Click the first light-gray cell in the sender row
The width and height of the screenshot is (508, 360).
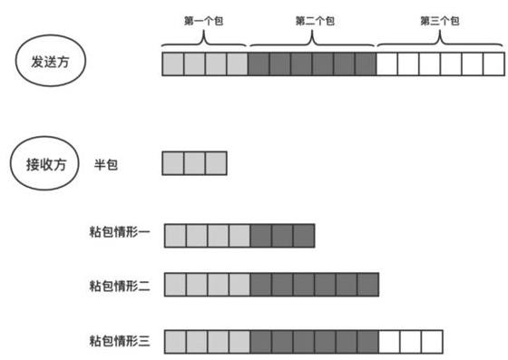click(172, 64)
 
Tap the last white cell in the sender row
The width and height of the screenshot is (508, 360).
click(493, 64)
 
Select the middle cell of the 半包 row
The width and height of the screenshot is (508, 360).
click(194, 163)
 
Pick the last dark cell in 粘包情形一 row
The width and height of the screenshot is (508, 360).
click(303, 235)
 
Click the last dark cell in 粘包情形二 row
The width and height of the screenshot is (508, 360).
click(367, 287)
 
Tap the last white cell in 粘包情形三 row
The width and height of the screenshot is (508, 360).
click(432, 341)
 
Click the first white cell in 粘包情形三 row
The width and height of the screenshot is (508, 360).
click(388, 341)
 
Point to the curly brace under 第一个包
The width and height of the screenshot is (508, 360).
click(204, 39)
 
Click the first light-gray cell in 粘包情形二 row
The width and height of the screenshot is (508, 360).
click(175, 287)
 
